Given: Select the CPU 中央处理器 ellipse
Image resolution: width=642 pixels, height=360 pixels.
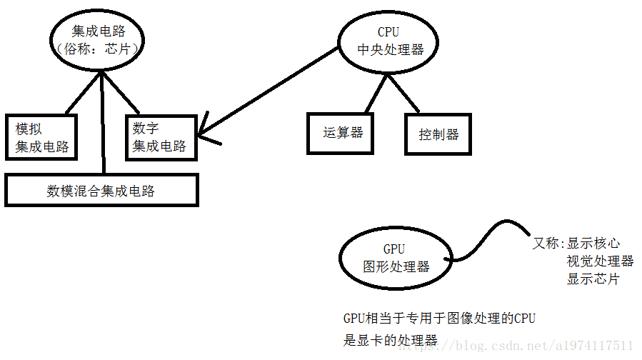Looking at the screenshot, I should pos(388,41).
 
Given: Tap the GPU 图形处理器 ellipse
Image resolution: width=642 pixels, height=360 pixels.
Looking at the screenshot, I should pos(394,258).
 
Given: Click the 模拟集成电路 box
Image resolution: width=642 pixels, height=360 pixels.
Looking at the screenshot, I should pos(41,136).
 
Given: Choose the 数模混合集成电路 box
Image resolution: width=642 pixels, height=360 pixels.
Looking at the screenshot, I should pos(101,191).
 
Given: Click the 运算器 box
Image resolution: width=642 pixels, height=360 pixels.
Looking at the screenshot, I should pos(340,133).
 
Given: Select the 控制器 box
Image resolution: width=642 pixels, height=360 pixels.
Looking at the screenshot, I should pos(438,134).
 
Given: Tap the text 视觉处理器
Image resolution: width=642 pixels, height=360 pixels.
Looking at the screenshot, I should pos(600,261).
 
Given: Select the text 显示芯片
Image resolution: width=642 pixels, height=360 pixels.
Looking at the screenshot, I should pos(593,279).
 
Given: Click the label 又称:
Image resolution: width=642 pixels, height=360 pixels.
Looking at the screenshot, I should pos(548,243).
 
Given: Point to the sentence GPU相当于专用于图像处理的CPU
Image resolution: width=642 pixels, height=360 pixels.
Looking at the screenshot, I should pos(438,319).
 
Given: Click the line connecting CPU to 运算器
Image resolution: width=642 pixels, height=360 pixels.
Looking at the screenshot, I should pos(375,93).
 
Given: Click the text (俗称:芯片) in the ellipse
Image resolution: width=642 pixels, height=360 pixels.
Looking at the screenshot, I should pos(97,51).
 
